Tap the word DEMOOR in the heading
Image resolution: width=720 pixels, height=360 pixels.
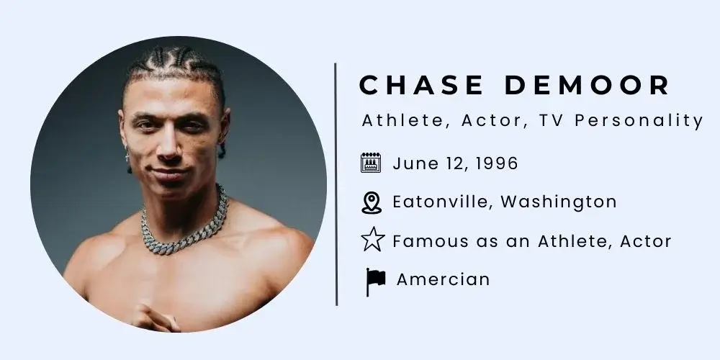(x=588, y=85)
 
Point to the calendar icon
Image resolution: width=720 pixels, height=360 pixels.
(x=371, y=163)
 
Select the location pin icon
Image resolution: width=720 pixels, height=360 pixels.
(x=371, y=202)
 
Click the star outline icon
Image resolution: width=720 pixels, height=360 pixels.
(x=372, y=241)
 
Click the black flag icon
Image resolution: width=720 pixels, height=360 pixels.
(x=375, y=280)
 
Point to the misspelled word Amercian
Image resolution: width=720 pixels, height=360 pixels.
(x=443, y=279)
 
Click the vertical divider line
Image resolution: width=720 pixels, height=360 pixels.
(x=336, y=184)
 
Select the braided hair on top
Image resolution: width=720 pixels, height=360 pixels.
(x=173, y=65)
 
